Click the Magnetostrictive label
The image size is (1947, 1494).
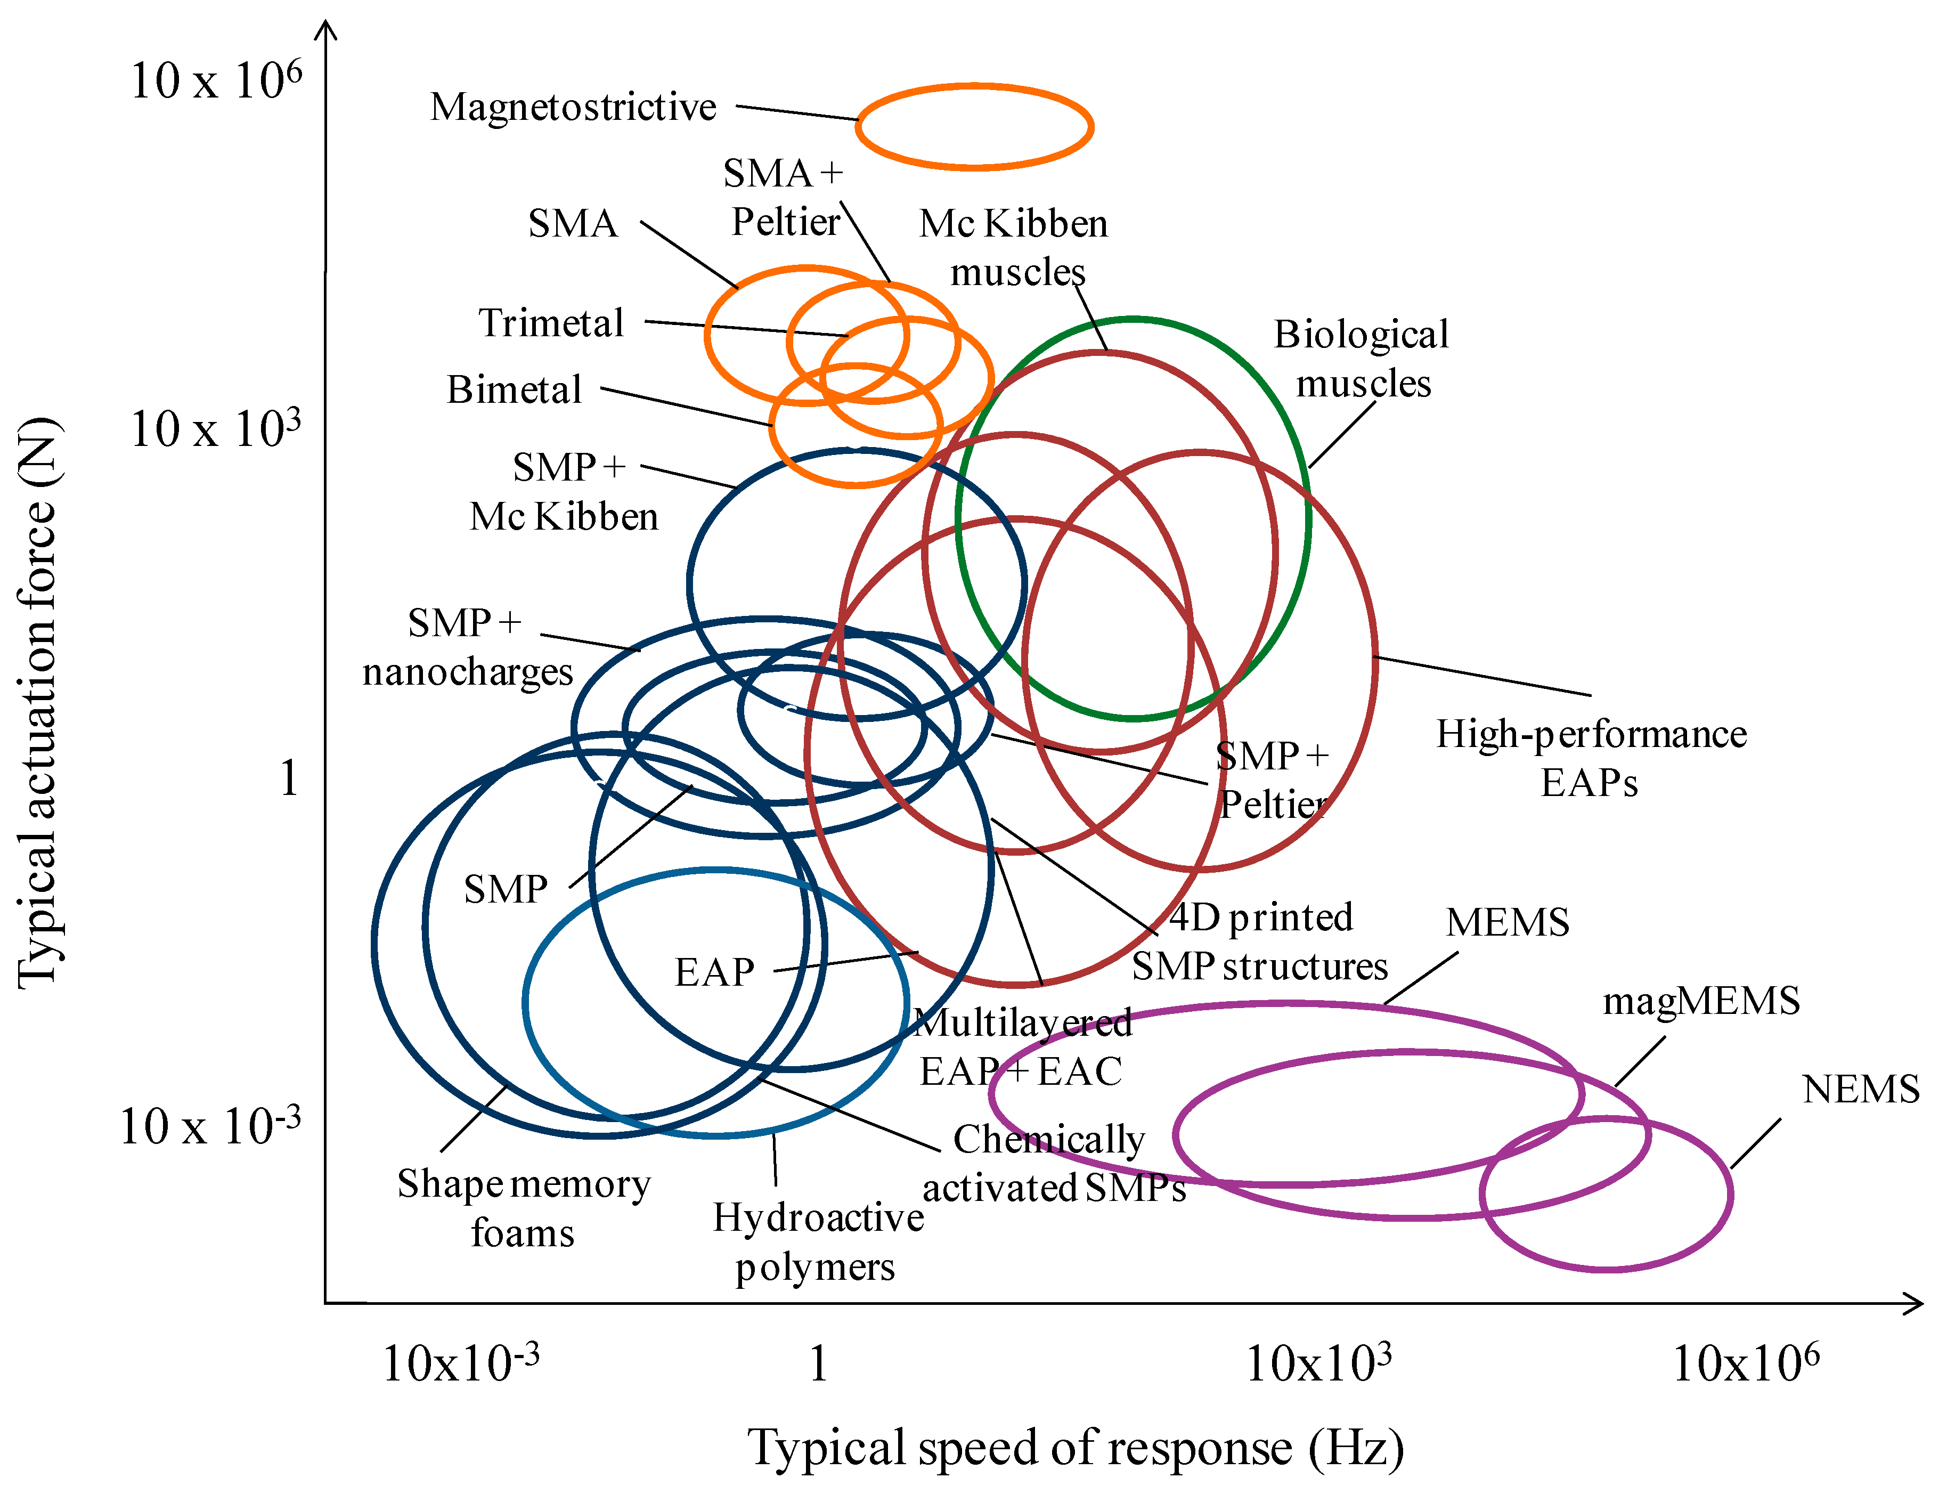point(573,108)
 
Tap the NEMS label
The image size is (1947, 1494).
point(1860,1090)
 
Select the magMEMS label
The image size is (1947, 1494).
point(1700,1001)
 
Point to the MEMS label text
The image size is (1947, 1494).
point(1507,923)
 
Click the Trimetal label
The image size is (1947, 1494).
point(551,323)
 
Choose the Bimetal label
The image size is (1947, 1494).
point(514,389)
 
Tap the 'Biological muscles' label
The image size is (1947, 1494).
point(1361,359)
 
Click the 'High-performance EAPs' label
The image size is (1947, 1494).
point(1591,758)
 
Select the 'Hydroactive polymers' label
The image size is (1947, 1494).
point(817,1241)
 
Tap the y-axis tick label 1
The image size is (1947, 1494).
point(288,779)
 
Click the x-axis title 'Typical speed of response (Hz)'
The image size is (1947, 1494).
point(1075,1448)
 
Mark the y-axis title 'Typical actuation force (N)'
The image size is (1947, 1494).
point(39,703)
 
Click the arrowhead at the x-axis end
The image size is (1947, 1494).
point(1913,1304)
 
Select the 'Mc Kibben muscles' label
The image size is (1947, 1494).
point(1014,247)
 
